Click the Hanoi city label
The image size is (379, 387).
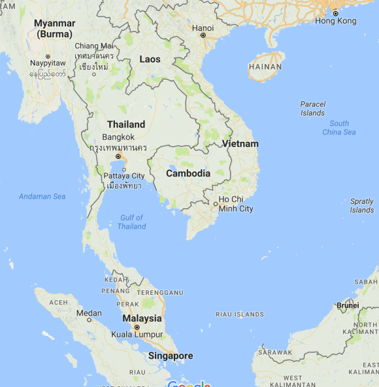coord(203,27)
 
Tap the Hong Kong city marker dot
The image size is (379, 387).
coord(335,13)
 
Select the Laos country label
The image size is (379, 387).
coord(150,59)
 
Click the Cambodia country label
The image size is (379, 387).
coord(188,173)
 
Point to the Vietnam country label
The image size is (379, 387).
coord(240,144)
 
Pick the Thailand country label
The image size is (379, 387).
coord(126,124)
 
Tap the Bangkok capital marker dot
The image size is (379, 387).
coord(118,157)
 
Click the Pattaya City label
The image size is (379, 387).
coord(124,176)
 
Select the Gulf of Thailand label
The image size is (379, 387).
coord(132,222)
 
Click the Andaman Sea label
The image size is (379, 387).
coord(42,196)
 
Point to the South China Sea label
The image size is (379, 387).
coord(339,127)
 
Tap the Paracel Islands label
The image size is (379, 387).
coord(312,109)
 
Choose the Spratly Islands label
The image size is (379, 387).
coord(361,206)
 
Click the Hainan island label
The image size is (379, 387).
coord(265,67)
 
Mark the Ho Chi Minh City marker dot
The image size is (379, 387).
coord(216,204)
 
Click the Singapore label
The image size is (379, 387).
coord(170,356)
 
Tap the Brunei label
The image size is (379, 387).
coord(348,305)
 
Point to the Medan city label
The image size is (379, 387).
coord(89,313)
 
